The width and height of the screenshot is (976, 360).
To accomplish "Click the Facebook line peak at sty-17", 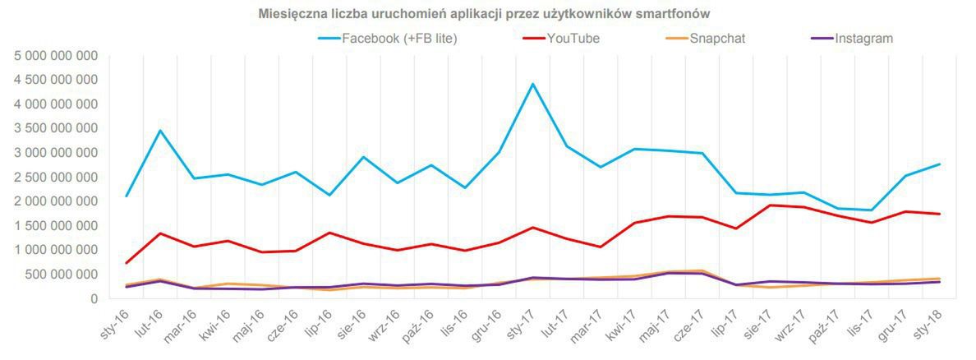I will pyautogui.click(x=532, y=84).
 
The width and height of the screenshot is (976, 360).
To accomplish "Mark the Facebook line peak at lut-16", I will pyautogui.click(x=160, y=130).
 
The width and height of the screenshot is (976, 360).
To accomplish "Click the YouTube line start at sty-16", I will pyautogui.click(x=127, y=263).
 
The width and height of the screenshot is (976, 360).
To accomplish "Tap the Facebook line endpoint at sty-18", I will pyautogui.click(x=939, y=164).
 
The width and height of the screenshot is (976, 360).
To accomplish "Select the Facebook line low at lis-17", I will pyautogui.click(x=871, y=210).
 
